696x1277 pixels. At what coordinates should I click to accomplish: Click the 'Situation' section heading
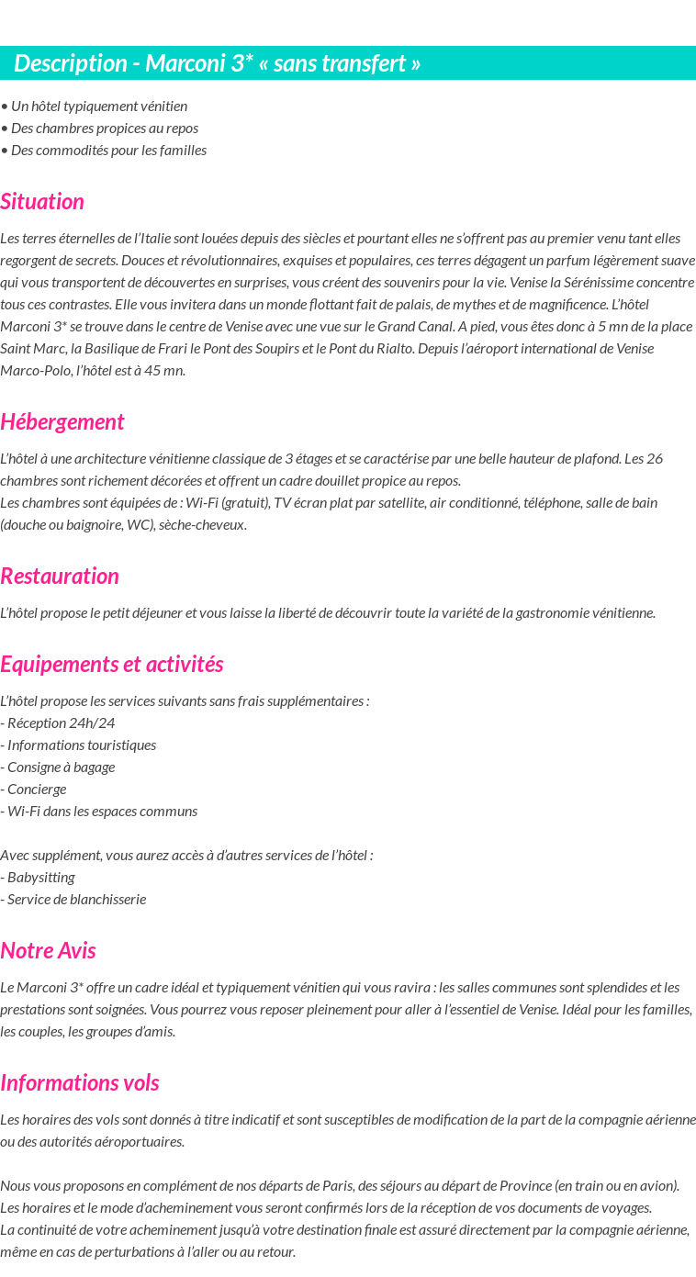(x=42, y=201)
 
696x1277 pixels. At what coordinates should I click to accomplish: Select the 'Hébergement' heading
(x=62, y=421)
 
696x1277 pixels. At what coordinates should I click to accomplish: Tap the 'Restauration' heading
(x=60, y=576)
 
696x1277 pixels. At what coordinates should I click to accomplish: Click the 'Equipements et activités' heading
(x=112, y=664)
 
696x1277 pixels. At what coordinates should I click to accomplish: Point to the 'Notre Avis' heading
(x=48, y=950)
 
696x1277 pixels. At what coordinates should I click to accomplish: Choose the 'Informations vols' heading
(x=80, y=1082)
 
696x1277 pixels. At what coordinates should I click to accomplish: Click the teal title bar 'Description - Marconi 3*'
(x=218, y=63)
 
